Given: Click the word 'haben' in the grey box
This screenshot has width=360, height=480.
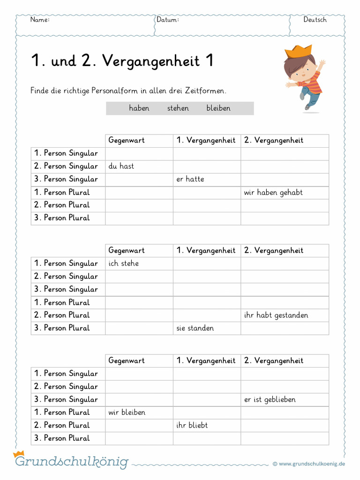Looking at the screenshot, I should click(x=139, y=108).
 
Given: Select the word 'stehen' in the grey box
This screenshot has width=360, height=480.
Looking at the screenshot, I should click(x=178, y=108).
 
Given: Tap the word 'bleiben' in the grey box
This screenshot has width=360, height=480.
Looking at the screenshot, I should click(x=218, y=108).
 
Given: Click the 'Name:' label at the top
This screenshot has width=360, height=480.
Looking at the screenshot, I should click(x=40, y=20).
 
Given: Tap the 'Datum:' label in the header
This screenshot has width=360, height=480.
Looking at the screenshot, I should click(x=168, y=20).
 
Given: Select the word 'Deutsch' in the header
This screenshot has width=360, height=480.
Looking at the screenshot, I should click(x=315, y=20).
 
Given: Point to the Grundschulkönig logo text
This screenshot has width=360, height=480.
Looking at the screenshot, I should click(x=71, y=462).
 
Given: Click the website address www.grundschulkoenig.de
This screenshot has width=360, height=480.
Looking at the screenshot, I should click(x=312, y=464).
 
